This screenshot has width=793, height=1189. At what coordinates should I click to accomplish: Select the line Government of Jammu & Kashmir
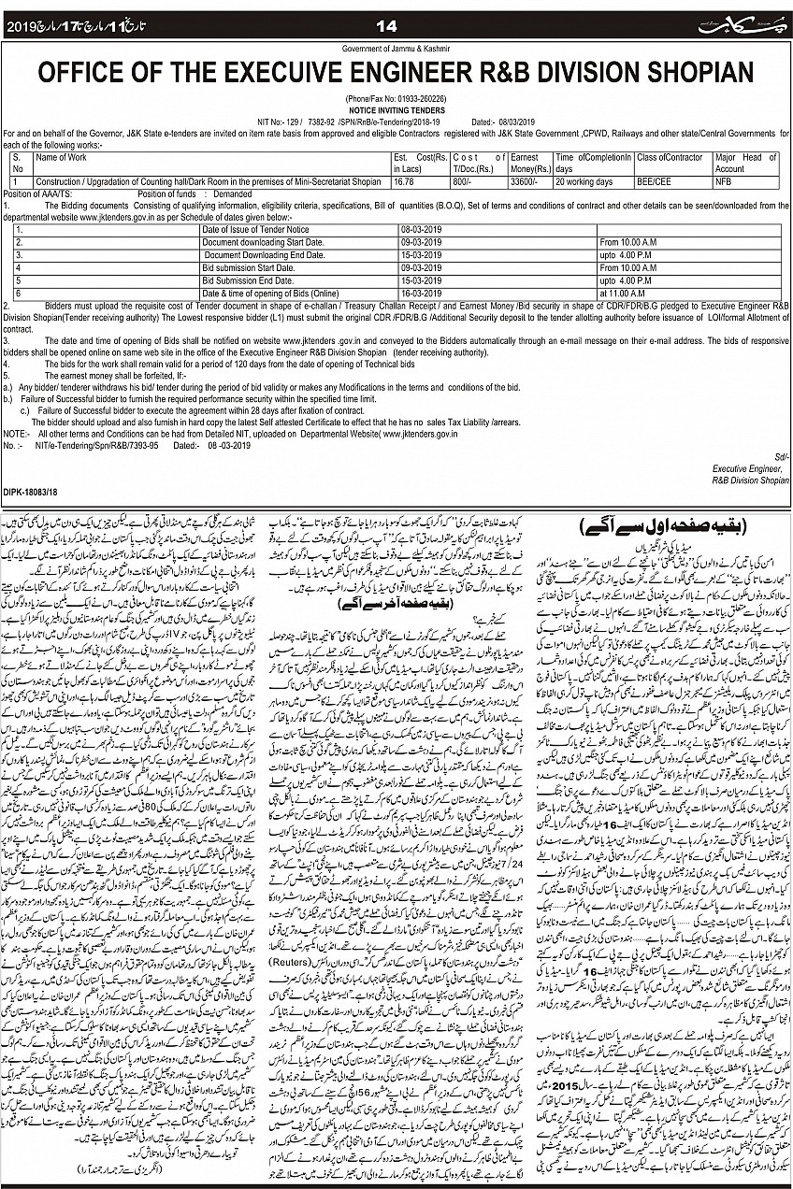coord(396,48)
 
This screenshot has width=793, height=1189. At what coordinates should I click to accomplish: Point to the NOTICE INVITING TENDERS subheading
coord(396,109)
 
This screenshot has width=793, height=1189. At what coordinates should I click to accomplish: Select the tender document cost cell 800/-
coord(465,181)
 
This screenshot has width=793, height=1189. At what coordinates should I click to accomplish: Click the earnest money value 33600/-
coord(525,181)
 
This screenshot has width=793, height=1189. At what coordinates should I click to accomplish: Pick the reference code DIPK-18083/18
coord(32,492)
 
